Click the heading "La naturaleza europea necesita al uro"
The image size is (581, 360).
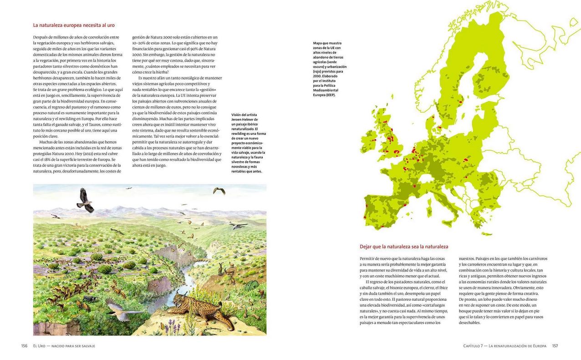(74, 25)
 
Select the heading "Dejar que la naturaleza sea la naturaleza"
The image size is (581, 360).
(404, 247)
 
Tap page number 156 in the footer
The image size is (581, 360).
(24, 346)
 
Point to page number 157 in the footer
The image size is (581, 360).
(555, 346)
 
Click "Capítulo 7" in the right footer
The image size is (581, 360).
(474, 346)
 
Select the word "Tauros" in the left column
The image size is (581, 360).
(95, 124)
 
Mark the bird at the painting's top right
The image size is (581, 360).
(219, 190)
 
